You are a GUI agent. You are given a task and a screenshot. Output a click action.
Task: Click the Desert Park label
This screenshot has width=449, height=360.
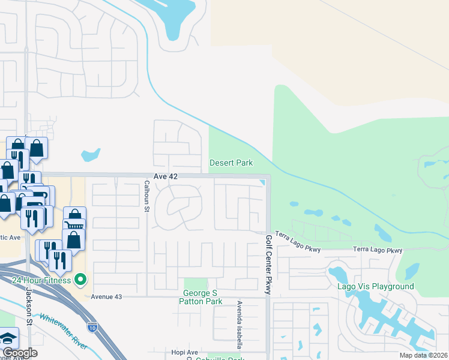(x=231, y=163)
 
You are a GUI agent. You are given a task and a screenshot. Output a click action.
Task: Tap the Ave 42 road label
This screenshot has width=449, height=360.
(x=166, y=176)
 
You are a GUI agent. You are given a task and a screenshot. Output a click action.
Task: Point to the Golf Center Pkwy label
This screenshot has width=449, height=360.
(x=268, y=265)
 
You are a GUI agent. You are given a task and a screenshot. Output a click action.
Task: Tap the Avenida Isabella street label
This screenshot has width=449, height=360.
(x=239, y=325)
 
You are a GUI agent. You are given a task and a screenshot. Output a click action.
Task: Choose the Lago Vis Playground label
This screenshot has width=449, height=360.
(x=376, y=286)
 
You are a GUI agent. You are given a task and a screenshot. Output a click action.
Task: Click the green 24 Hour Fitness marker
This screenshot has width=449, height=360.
(x=80, y=280)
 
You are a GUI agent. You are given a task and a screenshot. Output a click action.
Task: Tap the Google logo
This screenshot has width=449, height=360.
(x=19, y=353)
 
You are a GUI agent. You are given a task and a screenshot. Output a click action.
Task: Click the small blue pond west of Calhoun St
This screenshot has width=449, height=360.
(x=90, y=155)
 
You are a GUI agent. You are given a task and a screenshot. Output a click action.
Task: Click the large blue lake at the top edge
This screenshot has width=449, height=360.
(x=171, y=18)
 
